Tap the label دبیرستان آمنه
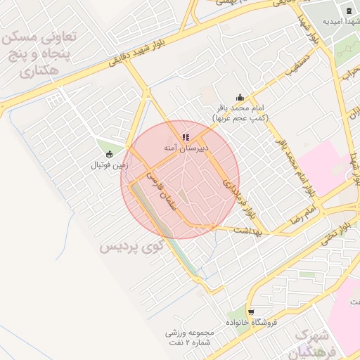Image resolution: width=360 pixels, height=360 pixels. (185, 148)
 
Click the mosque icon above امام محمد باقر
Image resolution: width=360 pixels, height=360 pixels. (240, 98)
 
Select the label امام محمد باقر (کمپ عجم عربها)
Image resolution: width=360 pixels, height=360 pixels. (240, 113)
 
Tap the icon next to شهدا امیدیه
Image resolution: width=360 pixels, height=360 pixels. (349, 10)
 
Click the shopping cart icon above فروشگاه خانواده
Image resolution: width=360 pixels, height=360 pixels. (251, 311)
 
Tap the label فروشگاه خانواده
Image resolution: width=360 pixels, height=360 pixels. (250, 322)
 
